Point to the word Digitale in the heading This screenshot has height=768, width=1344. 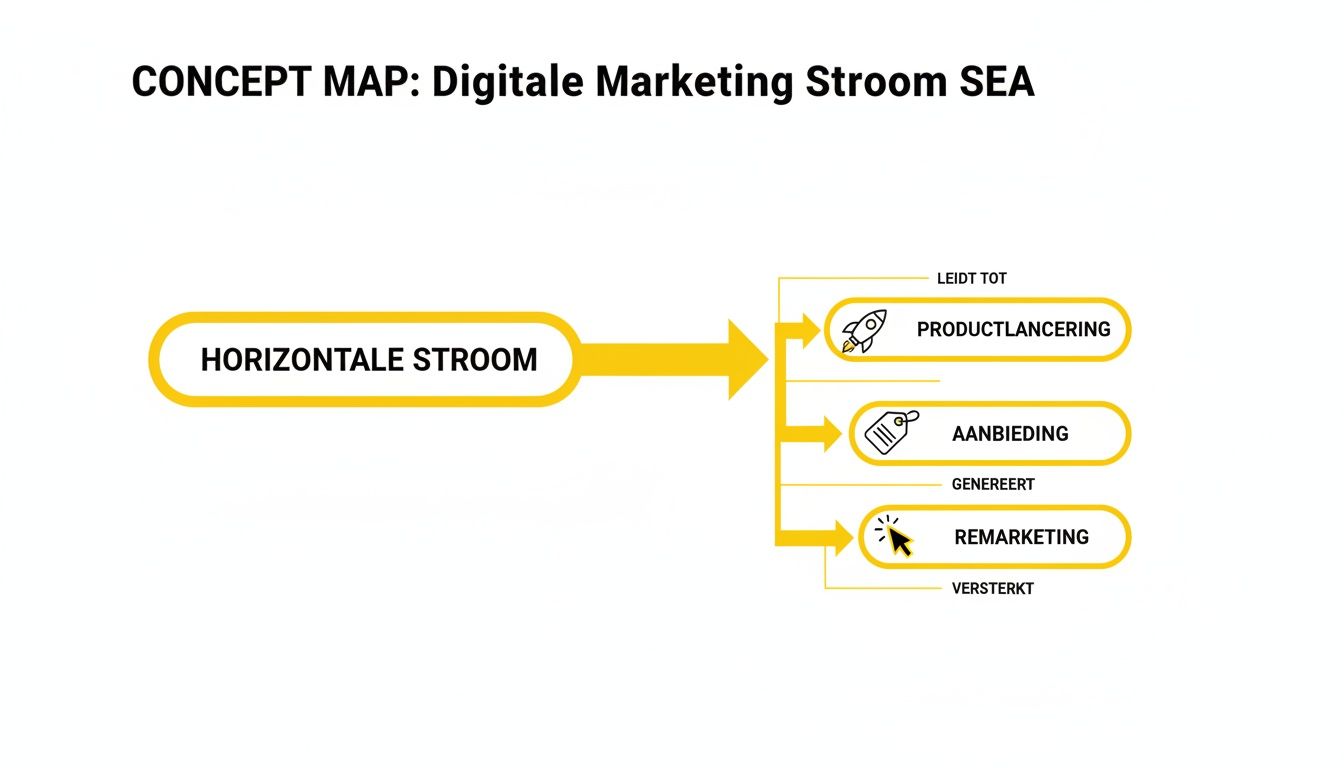click(508, 82)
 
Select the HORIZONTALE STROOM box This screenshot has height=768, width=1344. click(366, 360)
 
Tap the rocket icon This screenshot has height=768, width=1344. click(864, 331)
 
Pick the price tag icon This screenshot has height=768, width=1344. click(890, 432)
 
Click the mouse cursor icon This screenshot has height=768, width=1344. click(896, 537)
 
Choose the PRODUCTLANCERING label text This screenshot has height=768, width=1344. click(1013, 329)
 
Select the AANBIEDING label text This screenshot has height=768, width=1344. click(1010, 434)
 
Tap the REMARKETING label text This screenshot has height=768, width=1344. click(1021, 537)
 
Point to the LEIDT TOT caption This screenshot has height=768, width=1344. click(971, 279)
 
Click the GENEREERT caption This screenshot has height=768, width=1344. click(993, 484)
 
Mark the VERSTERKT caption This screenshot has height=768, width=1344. click(993, 588)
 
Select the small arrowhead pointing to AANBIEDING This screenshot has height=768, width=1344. click(829, 434)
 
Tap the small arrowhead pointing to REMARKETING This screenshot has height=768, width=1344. click(840, 538)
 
